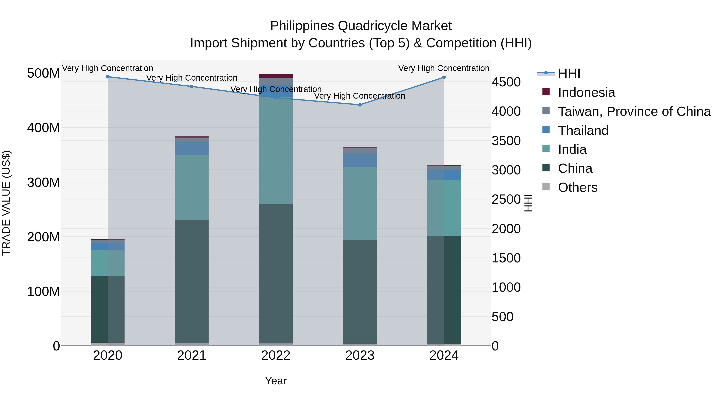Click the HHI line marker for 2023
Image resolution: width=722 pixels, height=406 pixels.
[360, 105]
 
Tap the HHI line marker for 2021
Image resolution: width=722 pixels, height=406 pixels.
[192, 87]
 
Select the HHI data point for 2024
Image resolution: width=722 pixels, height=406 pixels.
[444, 77]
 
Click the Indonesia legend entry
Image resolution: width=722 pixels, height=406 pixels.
[586, 92]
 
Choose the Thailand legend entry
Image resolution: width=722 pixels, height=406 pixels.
[583, 131]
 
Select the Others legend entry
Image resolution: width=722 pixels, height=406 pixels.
[577, 187]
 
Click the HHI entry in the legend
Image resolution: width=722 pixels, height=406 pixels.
[569, 73]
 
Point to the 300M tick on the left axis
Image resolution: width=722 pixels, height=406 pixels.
[44, 182]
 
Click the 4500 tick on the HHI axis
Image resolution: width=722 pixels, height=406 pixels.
[506, 82]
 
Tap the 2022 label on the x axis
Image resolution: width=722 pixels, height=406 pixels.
[276, 355]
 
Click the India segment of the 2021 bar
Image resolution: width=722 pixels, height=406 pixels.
[192, 187]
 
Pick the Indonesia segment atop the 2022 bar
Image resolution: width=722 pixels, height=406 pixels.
[276, 76]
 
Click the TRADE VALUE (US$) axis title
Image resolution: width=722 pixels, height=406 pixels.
[6, 203]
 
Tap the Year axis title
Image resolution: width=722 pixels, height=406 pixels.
[276, 381]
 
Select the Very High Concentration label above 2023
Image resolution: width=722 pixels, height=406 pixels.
[360, 96]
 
